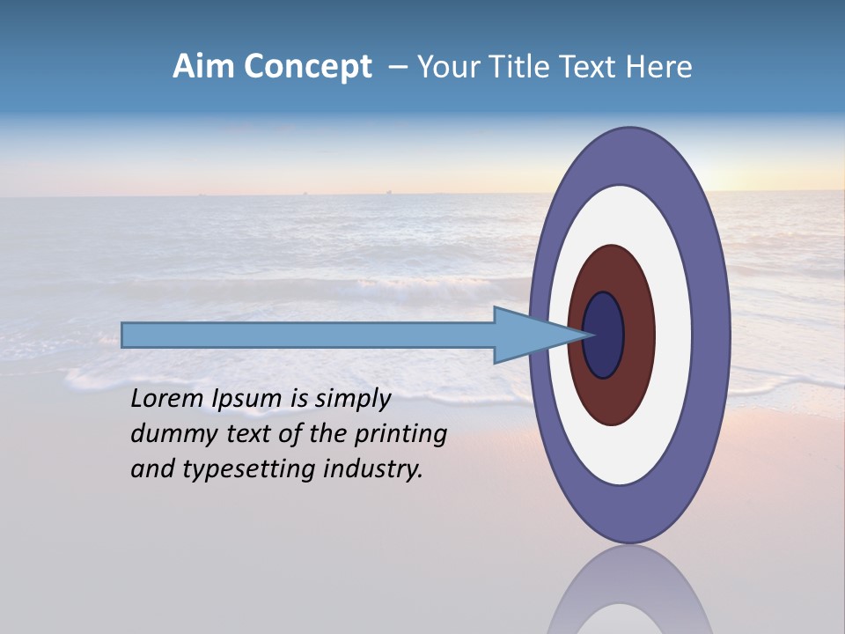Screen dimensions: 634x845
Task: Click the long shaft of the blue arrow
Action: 308,335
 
